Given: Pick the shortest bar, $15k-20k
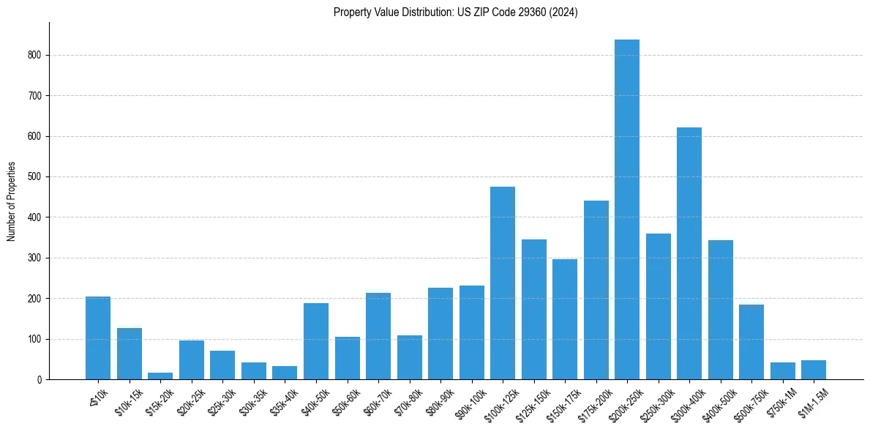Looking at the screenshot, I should pyautogui.click(x=160, y=376).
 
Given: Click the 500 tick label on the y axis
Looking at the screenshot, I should pyautogui.click(x=35, y=177).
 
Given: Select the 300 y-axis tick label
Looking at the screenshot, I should pyautogui.click(x=35, y=258).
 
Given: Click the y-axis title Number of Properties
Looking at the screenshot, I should pyautogui.click(x=11, y=201).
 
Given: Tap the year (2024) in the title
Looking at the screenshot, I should pyautogui.click(x=563, y=12).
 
